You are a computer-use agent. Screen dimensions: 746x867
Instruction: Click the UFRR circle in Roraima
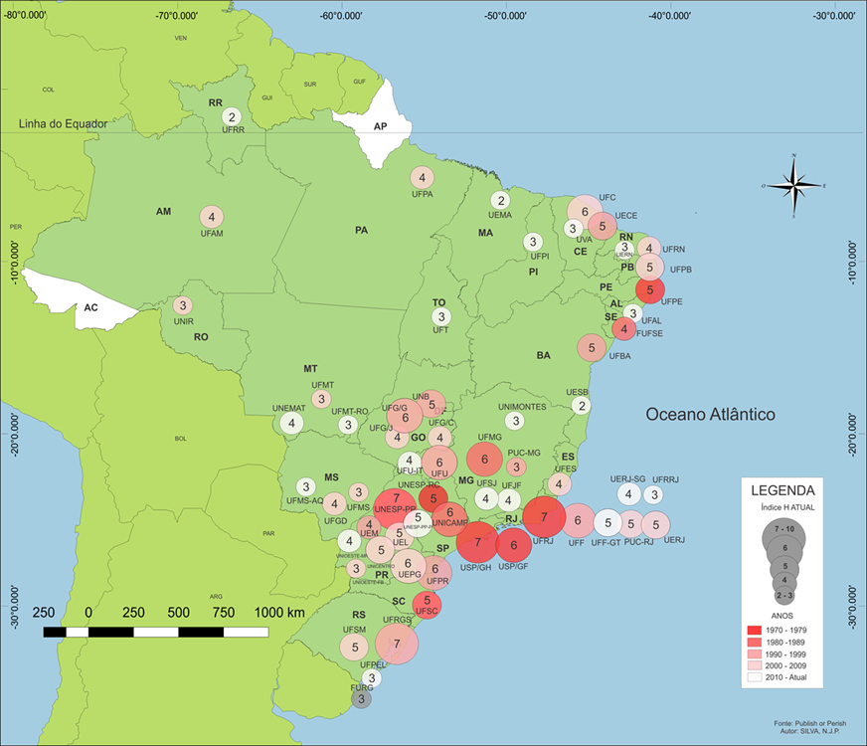click(232, 116)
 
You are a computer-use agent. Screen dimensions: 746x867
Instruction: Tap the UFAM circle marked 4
click(211, 216)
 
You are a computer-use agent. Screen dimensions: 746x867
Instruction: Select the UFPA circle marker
click(422, 178)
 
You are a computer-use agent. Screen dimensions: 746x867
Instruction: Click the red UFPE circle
click(649, 289)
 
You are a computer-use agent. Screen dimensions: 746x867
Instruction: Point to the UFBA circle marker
click(592, 347)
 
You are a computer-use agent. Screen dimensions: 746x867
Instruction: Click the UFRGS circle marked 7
click(397, 645)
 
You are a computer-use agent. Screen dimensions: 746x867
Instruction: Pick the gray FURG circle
click(362, 699)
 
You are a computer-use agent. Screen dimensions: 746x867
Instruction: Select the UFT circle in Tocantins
click(440, 317)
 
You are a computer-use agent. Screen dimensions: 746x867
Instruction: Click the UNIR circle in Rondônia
click(182, 305)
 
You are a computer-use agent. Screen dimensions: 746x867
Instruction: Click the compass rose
click(792, 185)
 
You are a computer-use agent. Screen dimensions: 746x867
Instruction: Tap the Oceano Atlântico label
click(710, 414)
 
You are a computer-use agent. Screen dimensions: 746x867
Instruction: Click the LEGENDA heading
click(782, 490)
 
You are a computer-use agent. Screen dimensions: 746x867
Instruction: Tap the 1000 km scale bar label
click(281, 612)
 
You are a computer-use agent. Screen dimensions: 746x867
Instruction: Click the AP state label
click(379, 127)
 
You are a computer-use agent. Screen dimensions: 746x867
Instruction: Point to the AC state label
click(90, 307)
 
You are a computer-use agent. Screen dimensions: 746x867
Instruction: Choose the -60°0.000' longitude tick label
click(341, 16)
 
